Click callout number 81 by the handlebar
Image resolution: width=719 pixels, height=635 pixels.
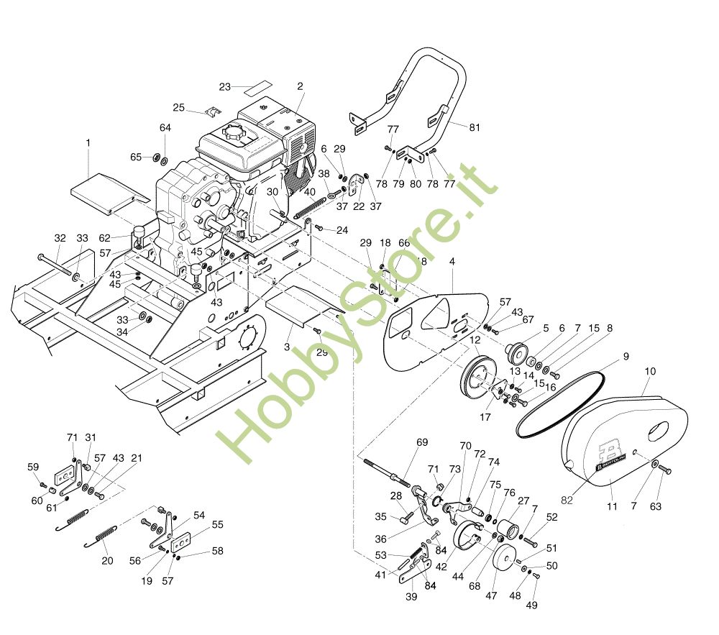(x=475, y=128)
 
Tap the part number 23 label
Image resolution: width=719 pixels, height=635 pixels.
(x=225, y=87)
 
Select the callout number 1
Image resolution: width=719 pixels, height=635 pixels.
(x=88, y=143)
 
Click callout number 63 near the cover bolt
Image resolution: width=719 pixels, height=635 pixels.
(x=655, y=507)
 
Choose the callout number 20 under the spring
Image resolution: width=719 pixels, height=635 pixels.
(x=107, y=561)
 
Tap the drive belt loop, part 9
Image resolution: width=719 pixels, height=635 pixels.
(x=568, y=399)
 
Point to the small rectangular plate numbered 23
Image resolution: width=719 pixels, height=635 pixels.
(x=257, y=88)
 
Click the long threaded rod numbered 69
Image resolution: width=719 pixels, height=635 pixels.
(x=388, y=469)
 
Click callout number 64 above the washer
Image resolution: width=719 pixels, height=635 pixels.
(x=165, y=128)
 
